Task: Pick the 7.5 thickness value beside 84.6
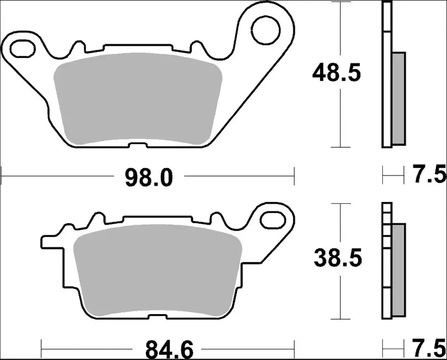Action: tap(429, 349)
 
